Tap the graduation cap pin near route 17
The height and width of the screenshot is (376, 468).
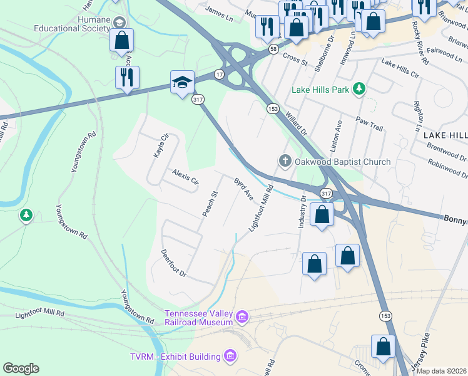point(181,83)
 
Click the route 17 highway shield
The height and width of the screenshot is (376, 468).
point(219,74)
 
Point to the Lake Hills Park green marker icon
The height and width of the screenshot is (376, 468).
point(359,90)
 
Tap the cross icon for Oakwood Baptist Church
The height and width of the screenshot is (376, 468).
point(285,162)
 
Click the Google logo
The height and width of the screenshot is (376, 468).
point(21,368)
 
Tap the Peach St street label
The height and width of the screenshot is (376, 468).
point(209,204)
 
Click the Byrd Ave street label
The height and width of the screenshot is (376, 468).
point(243,189)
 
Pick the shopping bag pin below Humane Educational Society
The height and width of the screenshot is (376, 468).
point(121,41)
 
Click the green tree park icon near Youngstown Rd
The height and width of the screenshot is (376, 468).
point(26,216)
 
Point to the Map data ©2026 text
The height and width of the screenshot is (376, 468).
point(442,371)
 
